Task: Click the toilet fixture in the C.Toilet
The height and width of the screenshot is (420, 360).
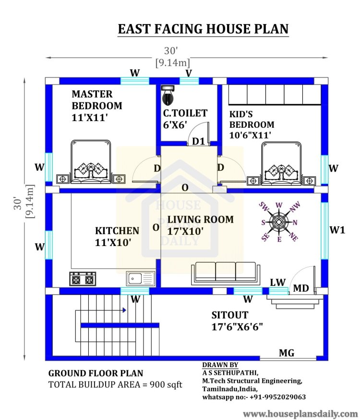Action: point(168,96)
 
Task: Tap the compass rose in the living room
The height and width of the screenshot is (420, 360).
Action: point(279,222)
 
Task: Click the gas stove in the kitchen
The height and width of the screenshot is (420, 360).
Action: point(83,279)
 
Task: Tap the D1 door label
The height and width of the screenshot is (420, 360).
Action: point(198,142)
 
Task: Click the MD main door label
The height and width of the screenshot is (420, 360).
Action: point(301,288)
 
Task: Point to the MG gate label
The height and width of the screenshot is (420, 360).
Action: point(287,354)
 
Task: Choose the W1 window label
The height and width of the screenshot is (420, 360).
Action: point(337,230)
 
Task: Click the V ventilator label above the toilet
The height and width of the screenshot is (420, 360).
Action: point(189,73)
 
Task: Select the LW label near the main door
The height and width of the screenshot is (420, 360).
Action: point(278,282)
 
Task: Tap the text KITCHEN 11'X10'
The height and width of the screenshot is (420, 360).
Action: point(117,236)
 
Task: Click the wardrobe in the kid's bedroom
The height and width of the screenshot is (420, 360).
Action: point(274,95)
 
